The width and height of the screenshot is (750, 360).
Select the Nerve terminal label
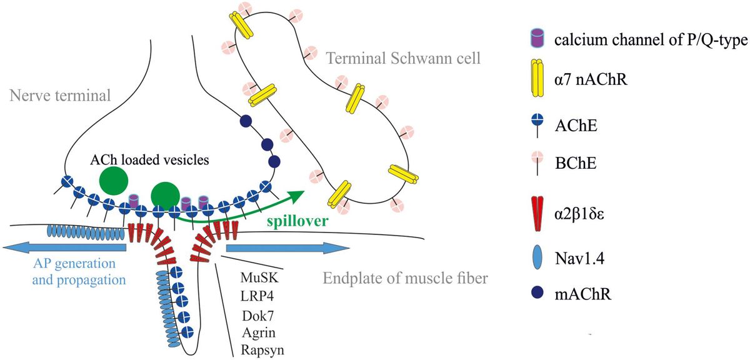point(59,95)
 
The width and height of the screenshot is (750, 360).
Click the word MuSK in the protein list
point(257,277)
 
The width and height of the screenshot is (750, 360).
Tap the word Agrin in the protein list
point(257,331)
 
